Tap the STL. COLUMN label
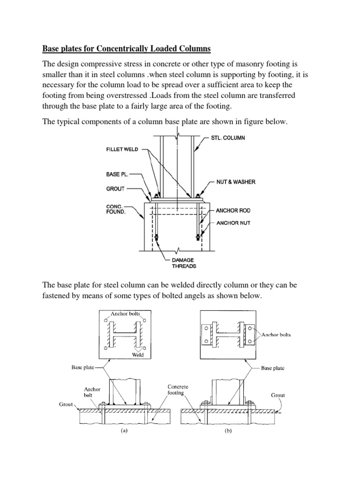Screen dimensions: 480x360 pyautogui.click(x=233, y=139)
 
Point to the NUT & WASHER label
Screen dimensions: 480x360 pyautogui.click(x=235, y=181)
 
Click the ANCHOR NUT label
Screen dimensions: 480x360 pyautogui.click(x=233, y=223)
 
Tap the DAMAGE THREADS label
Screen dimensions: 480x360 pyautogui.click(x=182, y=263)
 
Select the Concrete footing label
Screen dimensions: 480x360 pyautogui.click(x=179, y=390)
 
